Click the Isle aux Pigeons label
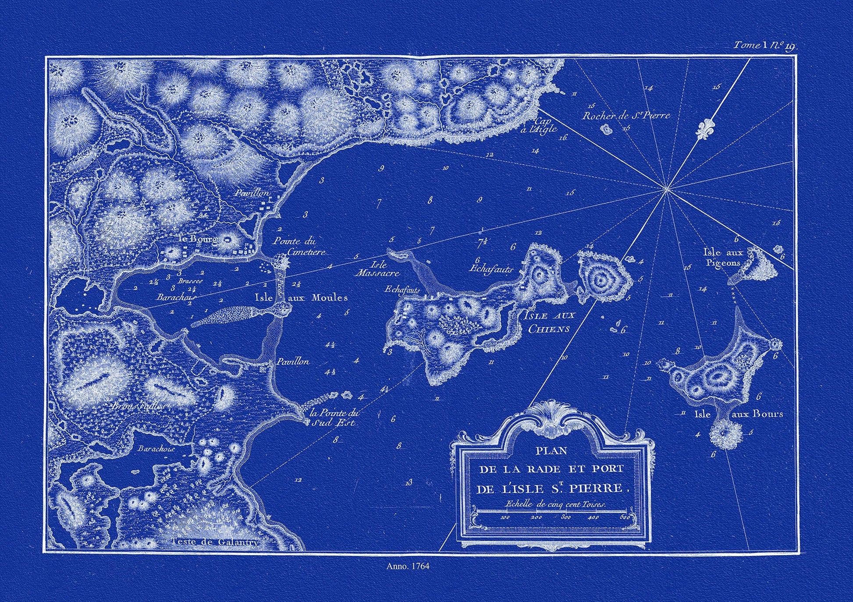pyautogui.click(x=721, y=258)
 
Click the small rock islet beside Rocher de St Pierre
pyautogui.click(x=607, y=129)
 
